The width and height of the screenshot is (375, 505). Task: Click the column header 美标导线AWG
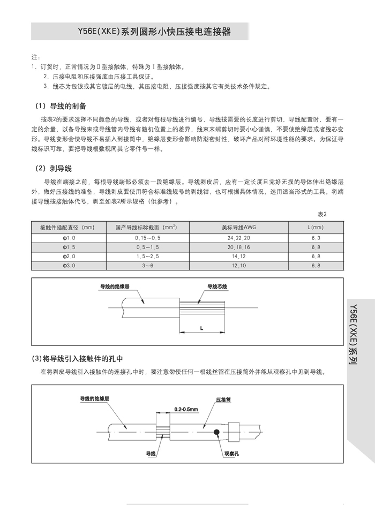coord(238,228)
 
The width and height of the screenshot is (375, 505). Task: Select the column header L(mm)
coord(314,228)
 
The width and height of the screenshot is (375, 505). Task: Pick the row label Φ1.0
coord(70,237)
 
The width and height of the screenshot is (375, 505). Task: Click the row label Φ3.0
coord(70,265)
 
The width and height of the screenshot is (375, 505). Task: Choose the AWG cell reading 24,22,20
coord(238,237)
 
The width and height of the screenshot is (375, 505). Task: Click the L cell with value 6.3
coord(315,237)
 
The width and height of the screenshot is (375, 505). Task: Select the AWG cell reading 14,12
coord(238,256)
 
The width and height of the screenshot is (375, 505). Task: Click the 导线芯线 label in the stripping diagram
coord(217,287)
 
